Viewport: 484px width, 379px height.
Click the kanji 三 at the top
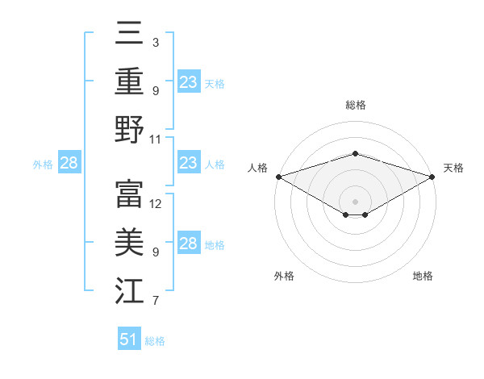(x=130, y=35)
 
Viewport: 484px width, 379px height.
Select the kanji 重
(x=130, y=81)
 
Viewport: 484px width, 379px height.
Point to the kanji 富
(x=130, y=194)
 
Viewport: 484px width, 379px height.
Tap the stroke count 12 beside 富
(x=156, y=203)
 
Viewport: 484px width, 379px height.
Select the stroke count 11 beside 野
(x=156, y=139)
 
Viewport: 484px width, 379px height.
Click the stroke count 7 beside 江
(x=156, y=301)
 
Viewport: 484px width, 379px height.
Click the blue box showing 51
(x=129, y=339)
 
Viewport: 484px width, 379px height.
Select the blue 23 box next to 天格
(x=189, y=81)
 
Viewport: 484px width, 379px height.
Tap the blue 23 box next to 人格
(x=189, y=163)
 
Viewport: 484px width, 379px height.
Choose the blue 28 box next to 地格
(x=189, y=244)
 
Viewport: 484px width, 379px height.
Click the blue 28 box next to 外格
(x=69, y=163)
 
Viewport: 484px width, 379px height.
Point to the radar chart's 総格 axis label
(x=356, y=105)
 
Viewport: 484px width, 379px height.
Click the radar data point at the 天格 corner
(x=433, y=176)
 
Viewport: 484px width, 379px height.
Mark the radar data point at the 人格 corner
(x=278, y=176)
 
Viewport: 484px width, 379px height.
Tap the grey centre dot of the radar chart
(x=356, y=201)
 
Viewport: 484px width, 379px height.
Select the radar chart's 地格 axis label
(x=423, y=276)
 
